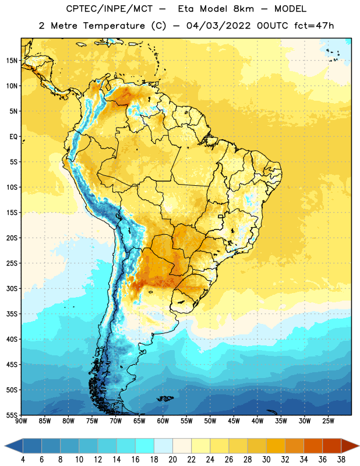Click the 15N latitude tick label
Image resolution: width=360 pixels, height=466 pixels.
coord(12,61)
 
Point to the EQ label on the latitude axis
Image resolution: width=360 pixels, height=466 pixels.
coord(13,137)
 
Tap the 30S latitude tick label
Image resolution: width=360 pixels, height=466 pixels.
coord(12,288)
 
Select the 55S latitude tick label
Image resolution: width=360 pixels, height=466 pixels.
coord(12,415)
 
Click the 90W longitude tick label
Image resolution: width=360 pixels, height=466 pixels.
coord(21,421)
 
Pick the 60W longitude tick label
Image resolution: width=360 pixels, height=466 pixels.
coord(163,421)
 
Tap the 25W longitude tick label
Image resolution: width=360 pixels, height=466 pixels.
coord(328,421)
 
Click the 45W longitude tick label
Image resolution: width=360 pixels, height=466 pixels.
coord(234,421)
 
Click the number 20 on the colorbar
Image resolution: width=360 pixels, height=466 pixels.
coord(172,460)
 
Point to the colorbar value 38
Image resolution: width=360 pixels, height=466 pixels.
coord(341,460)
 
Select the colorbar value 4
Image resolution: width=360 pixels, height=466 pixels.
coord(23,460)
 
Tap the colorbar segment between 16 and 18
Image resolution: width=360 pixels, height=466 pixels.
coord(144,446)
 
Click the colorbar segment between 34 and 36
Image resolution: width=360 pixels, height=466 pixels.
coord(313,446)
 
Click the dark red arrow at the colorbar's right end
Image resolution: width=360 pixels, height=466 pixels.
coord(350,446)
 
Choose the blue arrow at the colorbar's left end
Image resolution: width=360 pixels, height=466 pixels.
coord(13,446)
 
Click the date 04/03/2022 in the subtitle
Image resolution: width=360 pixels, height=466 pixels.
coord(219,26)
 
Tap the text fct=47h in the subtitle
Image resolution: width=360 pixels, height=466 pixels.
coord(314,26)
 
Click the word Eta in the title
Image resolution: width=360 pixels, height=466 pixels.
coord(186,9)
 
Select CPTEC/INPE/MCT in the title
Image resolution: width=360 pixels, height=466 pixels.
coord(109,9)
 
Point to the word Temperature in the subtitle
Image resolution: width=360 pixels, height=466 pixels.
coord(114,26)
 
